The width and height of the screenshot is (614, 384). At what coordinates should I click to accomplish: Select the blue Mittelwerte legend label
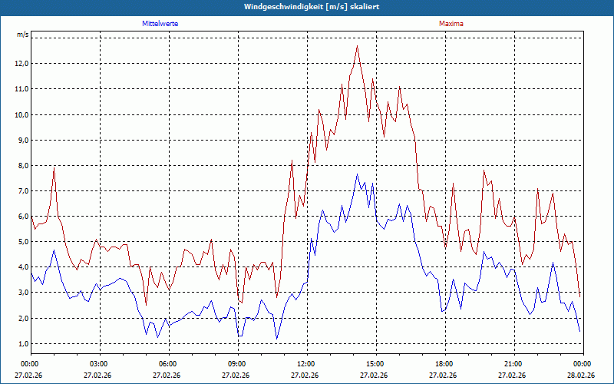coord(160,24)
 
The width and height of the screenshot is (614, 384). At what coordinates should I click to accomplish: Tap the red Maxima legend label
coord(451,24)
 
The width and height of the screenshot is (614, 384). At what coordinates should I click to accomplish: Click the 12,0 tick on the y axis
coord(21,63)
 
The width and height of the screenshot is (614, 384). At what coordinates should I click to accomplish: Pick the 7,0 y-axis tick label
coord(21,190)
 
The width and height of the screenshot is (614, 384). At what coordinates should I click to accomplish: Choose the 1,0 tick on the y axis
coord(21,343)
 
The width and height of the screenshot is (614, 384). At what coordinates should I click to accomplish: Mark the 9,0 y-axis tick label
coord(21,140)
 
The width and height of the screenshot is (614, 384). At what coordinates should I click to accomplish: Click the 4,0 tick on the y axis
coord(21,267)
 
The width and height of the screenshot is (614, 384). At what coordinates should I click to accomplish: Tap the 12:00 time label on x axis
coord(306,363)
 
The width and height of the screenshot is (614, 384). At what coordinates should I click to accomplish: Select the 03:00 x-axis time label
coord(99,363)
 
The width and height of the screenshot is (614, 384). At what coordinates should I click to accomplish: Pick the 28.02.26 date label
coord(582,376)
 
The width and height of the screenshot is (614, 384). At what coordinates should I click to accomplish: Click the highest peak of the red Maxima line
coord(358,46)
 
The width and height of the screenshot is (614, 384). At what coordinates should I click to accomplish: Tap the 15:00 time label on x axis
coord(375,363)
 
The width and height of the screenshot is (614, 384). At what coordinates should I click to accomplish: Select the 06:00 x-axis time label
coord(168,363)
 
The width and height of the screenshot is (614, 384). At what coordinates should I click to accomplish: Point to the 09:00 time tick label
coord(237,363)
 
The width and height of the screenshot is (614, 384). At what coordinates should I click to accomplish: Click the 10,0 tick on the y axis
coord(21,114)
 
